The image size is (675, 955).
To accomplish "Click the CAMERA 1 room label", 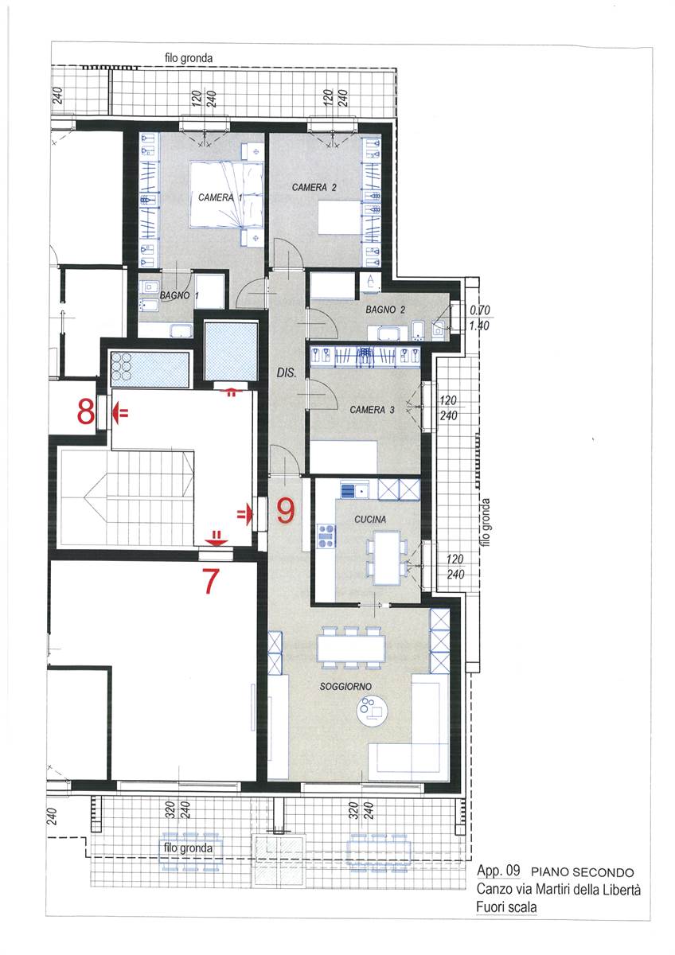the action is pyautogui.click(x=220, y=198).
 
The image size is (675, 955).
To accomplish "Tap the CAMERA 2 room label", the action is pyautogui.click(x=314, y=187).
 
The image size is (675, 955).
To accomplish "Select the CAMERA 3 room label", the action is pyautogui.click(x=372, y=410).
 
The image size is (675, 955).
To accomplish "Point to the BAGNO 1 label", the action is pyautogui.click(x=179, y=295).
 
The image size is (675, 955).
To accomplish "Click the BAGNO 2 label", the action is pyautogui.click(x=385, y=310).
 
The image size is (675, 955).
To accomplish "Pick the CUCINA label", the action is pyautogui.click(x=370, y=519).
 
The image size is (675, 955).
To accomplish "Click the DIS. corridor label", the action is pyautogui.click(x=286, y=372).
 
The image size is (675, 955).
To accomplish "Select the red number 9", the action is pyautogui.click(x=286, y=512).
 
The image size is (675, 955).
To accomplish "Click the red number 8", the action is pyautogui.click(x=86, y=413).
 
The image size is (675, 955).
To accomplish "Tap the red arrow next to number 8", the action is pyautogui.click(x=120, y=413).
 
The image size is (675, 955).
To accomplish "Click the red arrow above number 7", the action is pyautogui.click(x=217, y=539).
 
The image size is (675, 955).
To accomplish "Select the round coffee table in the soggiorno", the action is pyautogui.click(x=373, y=711).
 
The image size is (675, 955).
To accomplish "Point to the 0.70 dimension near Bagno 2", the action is pyautogui.click(x=480, y=310).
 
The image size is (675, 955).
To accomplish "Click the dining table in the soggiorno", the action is pyautogui.click(x=351, y=649).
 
